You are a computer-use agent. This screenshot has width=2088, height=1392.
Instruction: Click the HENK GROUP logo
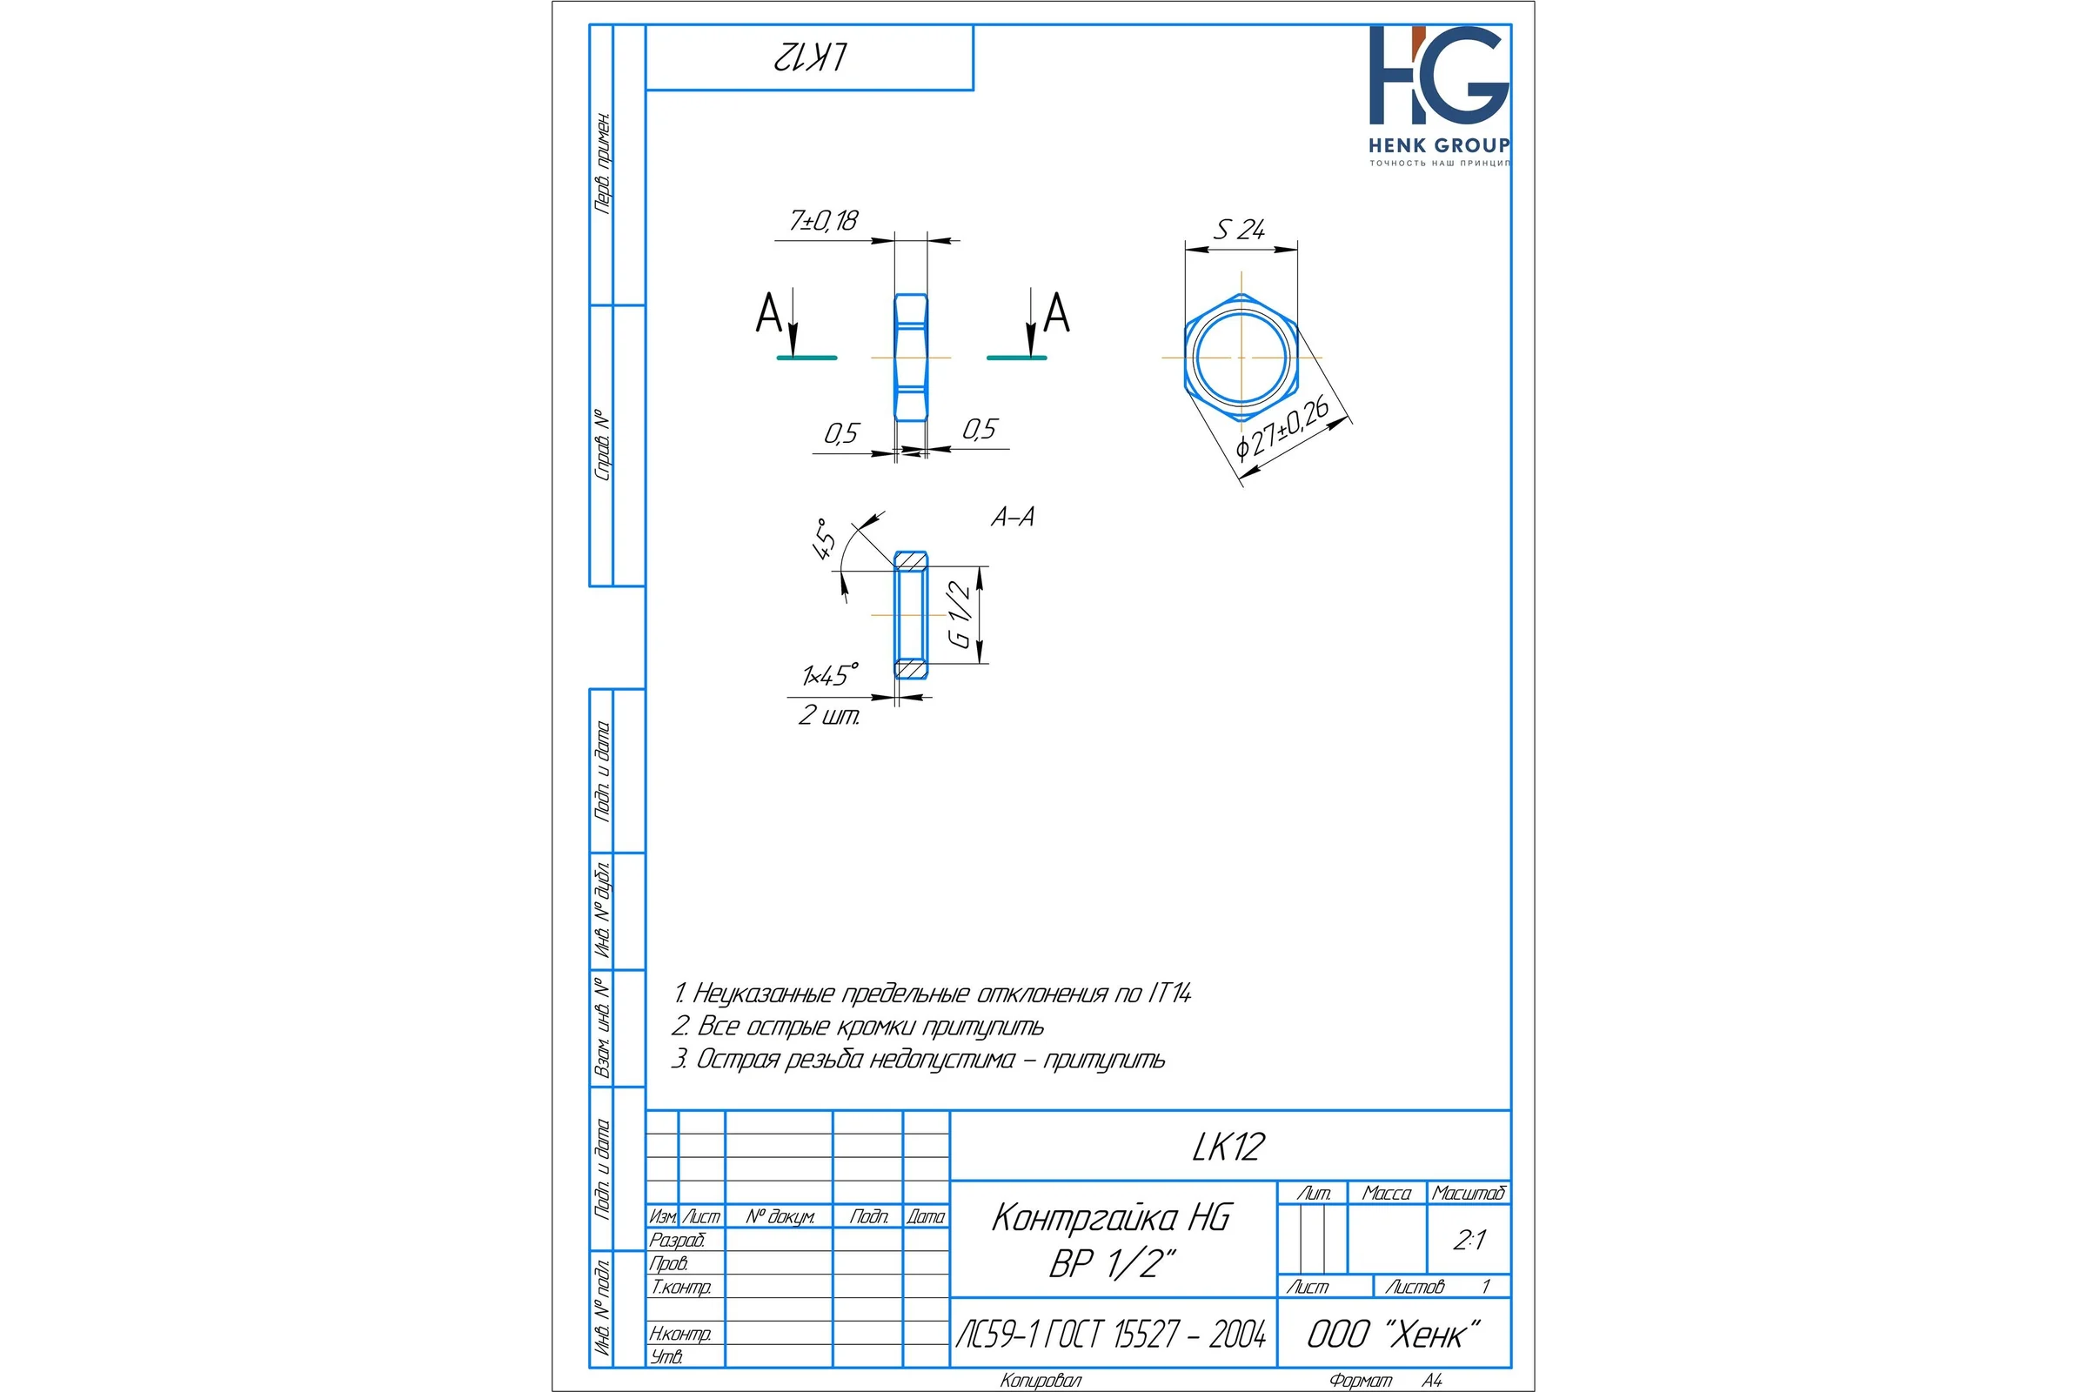(x=1438, y=96)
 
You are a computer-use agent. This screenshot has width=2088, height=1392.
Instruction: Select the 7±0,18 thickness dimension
(x=824, y=220)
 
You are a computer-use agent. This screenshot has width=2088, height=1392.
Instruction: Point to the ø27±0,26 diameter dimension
(x=1282, y=429)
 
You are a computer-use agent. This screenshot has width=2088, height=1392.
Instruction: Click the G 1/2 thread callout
(x=960, y=614)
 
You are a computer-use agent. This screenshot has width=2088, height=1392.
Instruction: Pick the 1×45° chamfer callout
(x=830, y=675)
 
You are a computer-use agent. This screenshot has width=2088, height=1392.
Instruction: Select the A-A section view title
(x=1013, y=517)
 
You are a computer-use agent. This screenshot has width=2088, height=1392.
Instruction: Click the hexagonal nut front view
(x=1241, y=357)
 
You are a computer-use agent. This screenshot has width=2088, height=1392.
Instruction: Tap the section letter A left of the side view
(x=768, y=313)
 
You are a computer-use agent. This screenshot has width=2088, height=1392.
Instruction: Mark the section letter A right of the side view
(x=1056, y=312)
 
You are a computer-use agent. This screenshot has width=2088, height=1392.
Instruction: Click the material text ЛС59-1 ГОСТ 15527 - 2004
(x=1111, y=1335)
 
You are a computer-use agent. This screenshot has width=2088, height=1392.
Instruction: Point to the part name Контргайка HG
(x=1112, y=1217)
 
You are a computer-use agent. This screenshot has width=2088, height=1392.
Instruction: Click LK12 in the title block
(x=1228, y=1147)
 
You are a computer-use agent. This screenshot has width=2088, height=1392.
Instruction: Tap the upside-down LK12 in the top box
(x=810, y=57)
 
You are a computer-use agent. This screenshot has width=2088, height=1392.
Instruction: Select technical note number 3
(x=918, y=1059)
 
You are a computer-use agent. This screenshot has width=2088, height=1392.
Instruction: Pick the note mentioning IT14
(x=931, y=993)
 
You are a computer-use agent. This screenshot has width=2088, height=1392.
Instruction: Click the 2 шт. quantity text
(x=828, y=714)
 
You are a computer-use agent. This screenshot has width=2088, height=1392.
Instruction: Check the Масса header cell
(x=1387, y=1193)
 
